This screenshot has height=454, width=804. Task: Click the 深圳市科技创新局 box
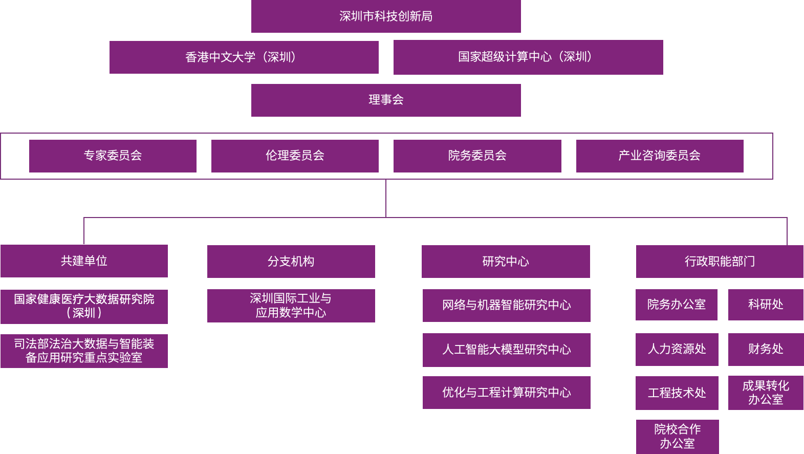386,16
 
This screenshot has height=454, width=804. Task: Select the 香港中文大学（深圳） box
244,57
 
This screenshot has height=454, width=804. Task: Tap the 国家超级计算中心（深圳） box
528,57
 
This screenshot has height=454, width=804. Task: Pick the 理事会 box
386,100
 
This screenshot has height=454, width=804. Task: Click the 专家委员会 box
113,156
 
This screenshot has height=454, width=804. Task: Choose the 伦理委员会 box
295,156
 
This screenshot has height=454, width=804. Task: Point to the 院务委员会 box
477,156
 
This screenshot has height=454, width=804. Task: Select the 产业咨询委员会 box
660,156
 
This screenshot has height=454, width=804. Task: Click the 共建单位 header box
84,261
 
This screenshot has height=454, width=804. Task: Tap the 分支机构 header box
291,262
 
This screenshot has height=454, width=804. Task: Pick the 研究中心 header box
506,262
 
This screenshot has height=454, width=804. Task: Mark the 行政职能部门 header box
720,262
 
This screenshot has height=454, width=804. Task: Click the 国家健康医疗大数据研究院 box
84,306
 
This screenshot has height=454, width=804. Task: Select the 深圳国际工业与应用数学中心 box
291,306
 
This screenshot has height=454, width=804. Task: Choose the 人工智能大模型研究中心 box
506,350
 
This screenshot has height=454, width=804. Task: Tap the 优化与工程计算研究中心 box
506,393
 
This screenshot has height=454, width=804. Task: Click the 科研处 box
766,305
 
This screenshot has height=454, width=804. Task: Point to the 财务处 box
766,349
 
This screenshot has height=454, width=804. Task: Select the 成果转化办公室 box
766,393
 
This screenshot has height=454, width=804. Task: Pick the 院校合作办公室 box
677,437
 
